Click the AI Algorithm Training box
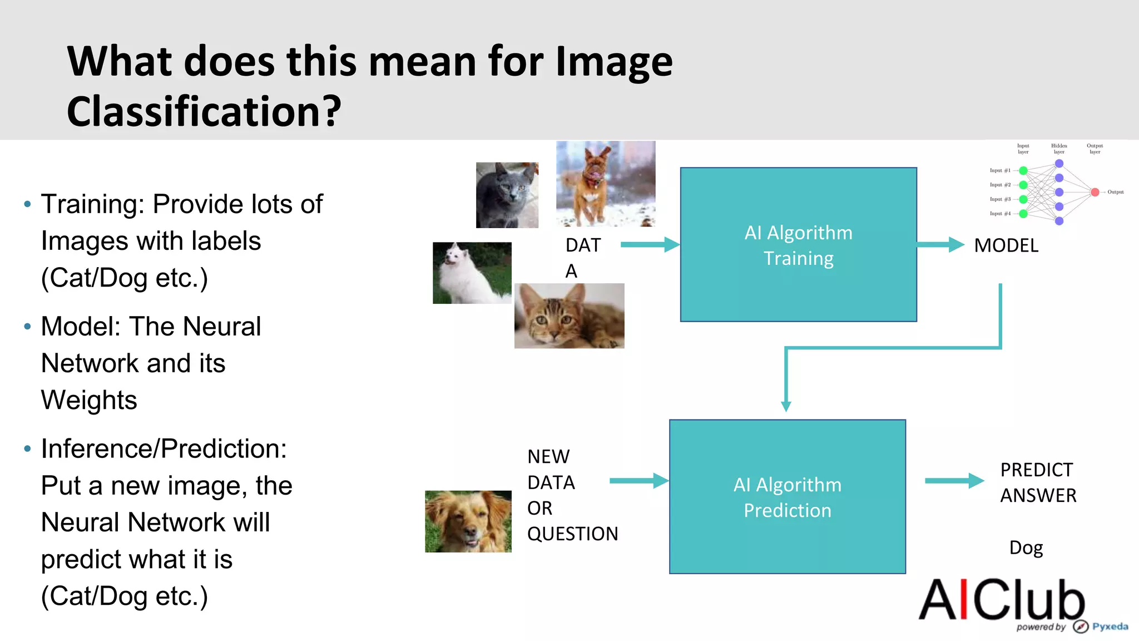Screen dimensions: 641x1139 click(798, 245)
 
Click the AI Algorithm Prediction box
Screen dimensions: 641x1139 click(787, 497)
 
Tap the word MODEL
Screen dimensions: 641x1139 click(1006, 245)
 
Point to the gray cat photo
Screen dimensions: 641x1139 click(507, 195)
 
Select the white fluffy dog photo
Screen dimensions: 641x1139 click(472, 273)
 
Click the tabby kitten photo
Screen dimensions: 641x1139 click(569, 316)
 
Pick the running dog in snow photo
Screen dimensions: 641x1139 click(606, 184)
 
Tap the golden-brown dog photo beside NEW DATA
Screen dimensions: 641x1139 click(468, 521)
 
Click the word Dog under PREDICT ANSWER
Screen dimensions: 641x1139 click(1026, 548)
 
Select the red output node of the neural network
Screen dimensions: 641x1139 click(1095, 192)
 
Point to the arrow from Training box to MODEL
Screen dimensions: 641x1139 click(940, 244)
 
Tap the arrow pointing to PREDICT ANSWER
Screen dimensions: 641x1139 click(954, 481)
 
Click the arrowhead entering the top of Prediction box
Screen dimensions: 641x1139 click(786, 406)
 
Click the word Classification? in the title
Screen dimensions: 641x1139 click(204, 111)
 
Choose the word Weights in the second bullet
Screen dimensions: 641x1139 click(89, 400)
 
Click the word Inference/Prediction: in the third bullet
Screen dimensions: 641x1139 click(164, 448)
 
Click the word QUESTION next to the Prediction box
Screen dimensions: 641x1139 click(572, 534)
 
